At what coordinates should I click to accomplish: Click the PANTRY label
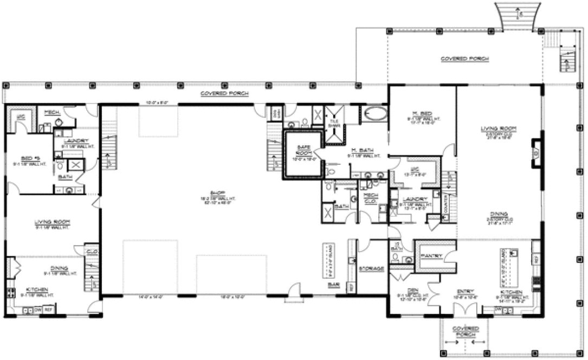pyautogui.click(x=435, y=255)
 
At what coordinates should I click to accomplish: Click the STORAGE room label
pyautogui.click(x=371, y=268)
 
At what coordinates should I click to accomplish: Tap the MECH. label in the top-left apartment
pyautogui.click(x=51, y=112)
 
